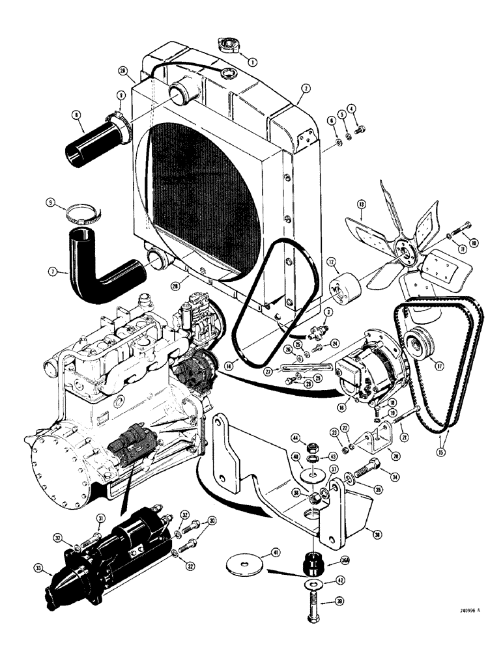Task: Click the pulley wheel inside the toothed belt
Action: coord(412,344)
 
